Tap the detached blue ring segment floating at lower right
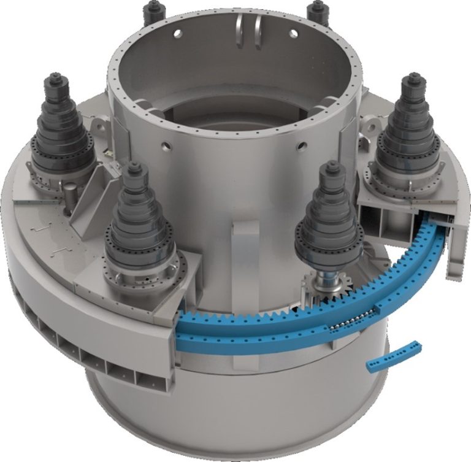coord(392,355)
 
